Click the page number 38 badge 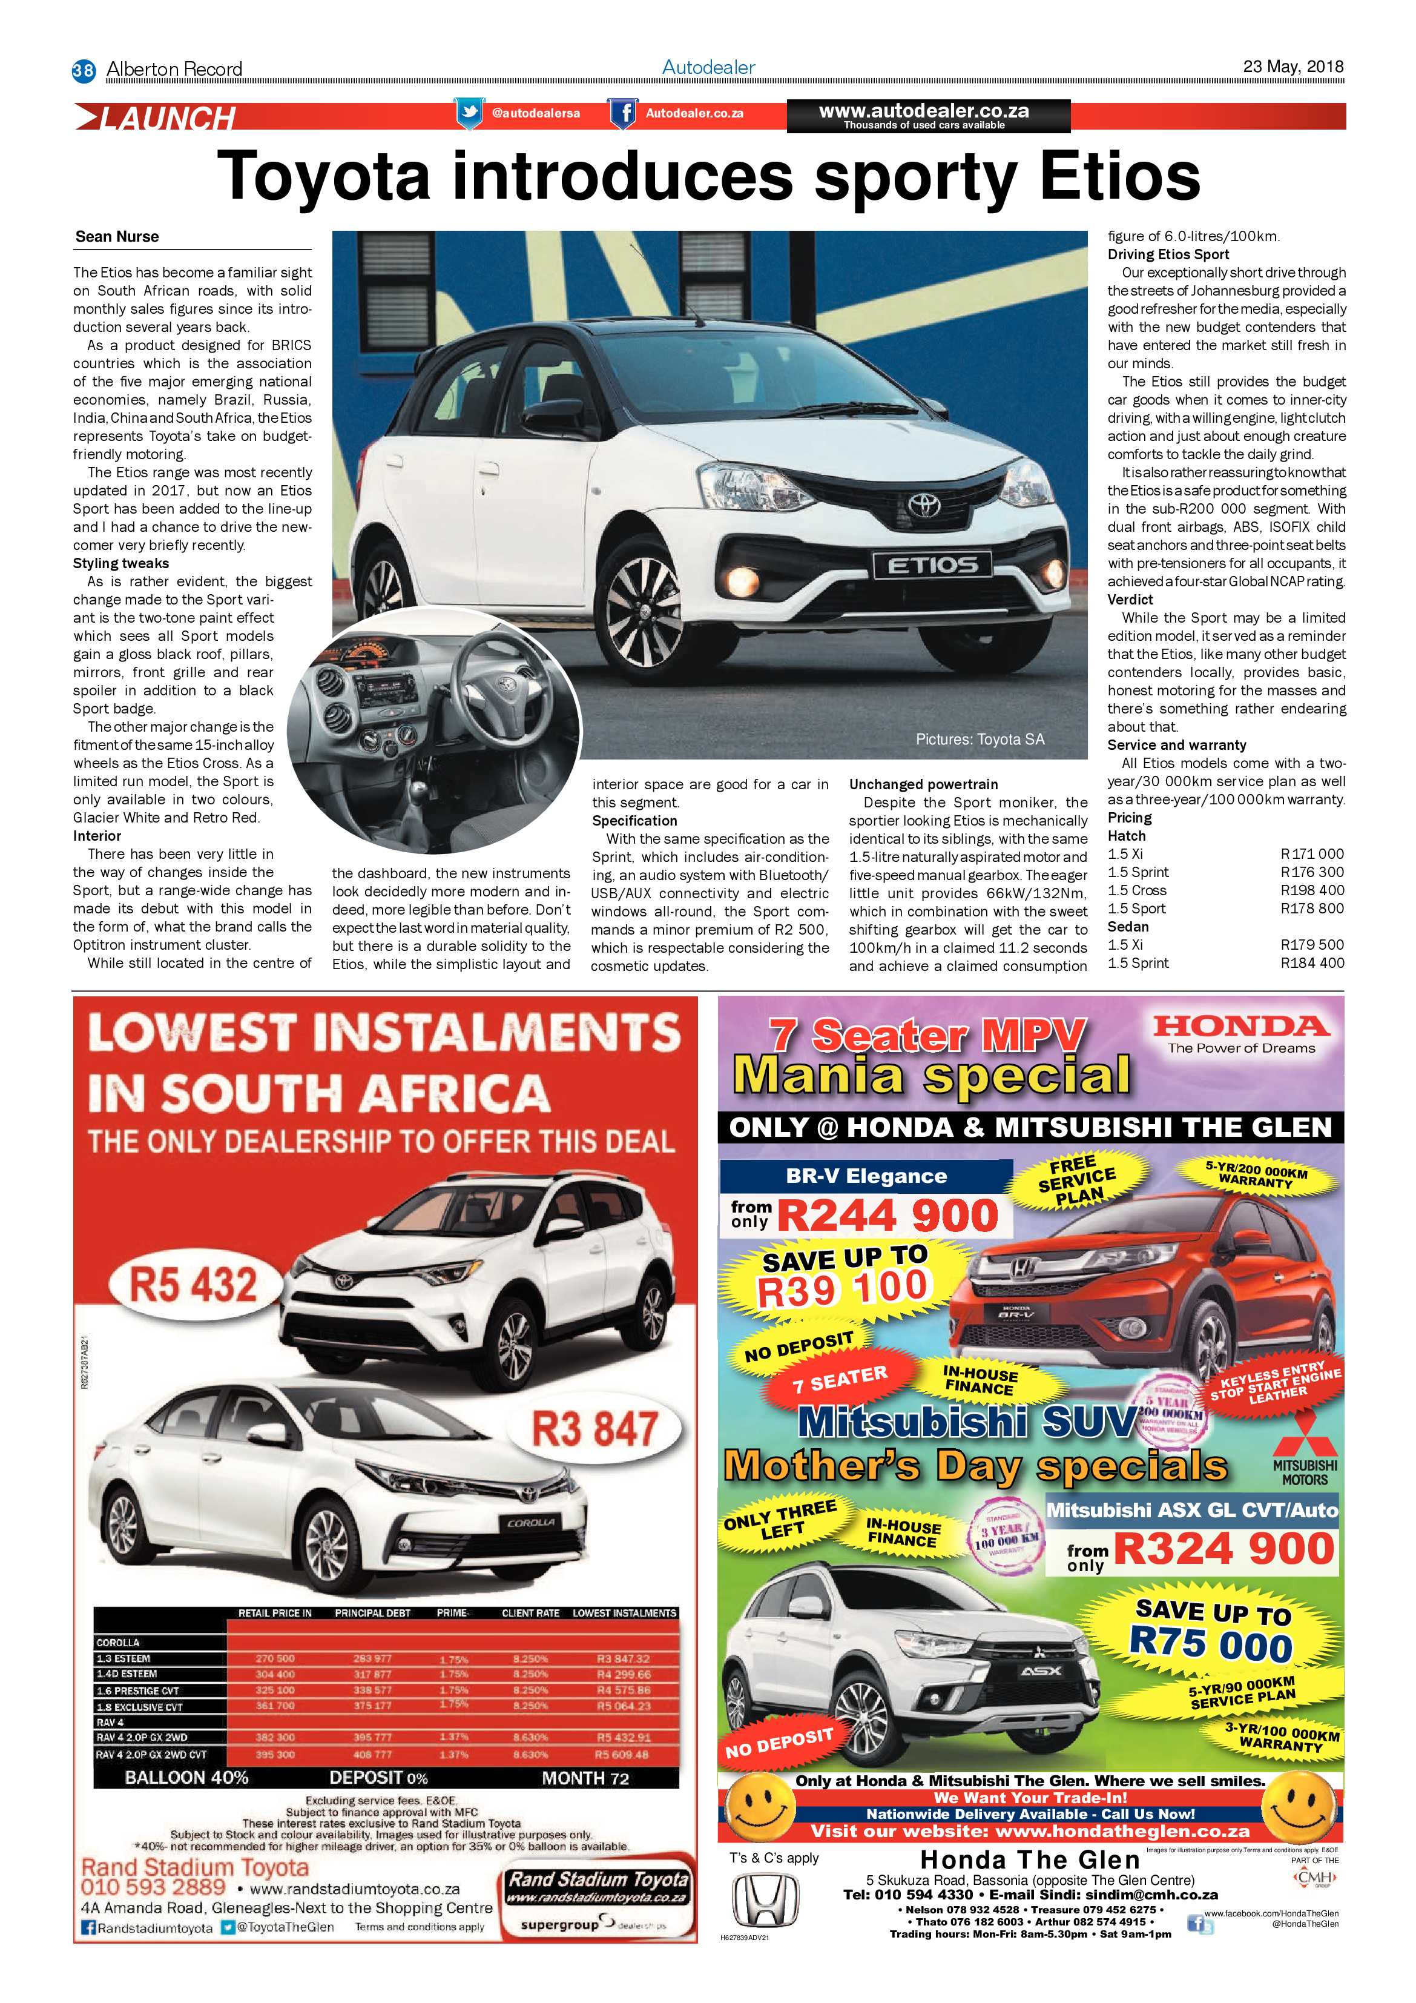pyautogui.click(x=83, y=70)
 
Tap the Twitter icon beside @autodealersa pyautogui.click(x=469, y=113)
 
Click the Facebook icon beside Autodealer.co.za pyautogui.click(x=622, y=113)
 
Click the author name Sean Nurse pyautogui.click(x=117, y=236)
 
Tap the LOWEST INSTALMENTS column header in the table pyautogui.click(x=624, y=1613)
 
